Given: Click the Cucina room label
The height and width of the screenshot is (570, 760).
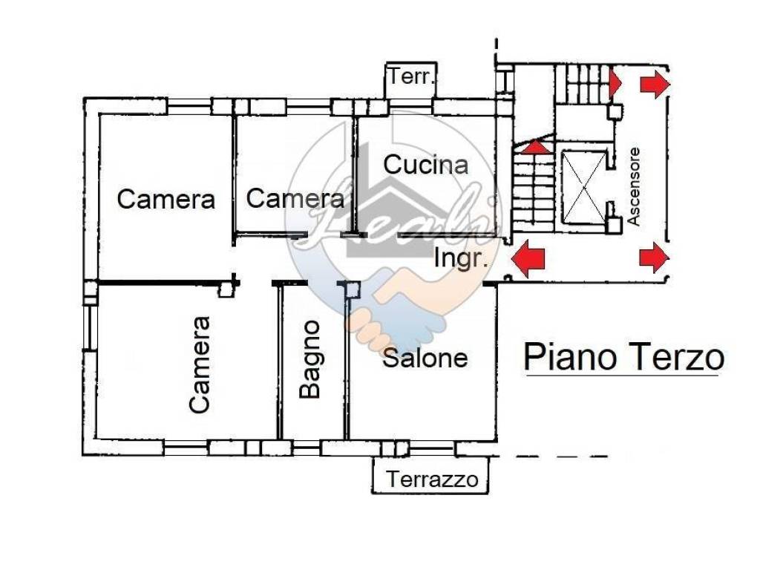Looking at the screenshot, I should (x=426, y=165).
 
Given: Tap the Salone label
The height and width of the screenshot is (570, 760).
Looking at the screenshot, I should (x=425, y=358).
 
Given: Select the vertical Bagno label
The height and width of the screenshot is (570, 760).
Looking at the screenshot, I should (x=310, y=360).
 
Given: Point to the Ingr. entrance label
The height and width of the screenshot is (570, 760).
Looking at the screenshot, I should (x=461, y=259).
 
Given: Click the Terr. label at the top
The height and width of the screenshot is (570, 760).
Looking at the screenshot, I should (x=411, y=76).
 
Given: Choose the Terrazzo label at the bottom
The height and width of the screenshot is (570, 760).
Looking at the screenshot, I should (x=432, y=479).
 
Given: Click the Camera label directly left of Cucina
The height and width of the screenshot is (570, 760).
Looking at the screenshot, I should (x=295, y=199).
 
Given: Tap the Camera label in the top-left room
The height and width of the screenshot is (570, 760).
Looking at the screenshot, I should (x=166, y=199).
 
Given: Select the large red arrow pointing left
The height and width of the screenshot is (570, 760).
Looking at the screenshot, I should (x=529, y=258).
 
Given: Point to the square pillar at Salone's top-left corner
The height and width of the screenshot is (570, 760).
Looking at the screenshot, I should (x=352, y=290).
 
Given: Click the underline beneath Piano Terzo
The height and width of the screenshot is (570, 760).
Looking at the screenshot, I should (x=622, y=376).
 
